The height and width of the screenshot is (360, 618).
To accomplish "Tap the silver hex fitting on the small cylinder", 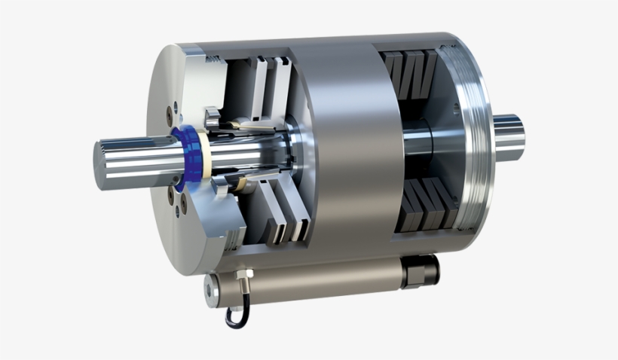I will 243,287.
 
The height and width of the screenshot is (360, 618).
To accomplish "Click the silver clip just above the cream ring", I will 213,117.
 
